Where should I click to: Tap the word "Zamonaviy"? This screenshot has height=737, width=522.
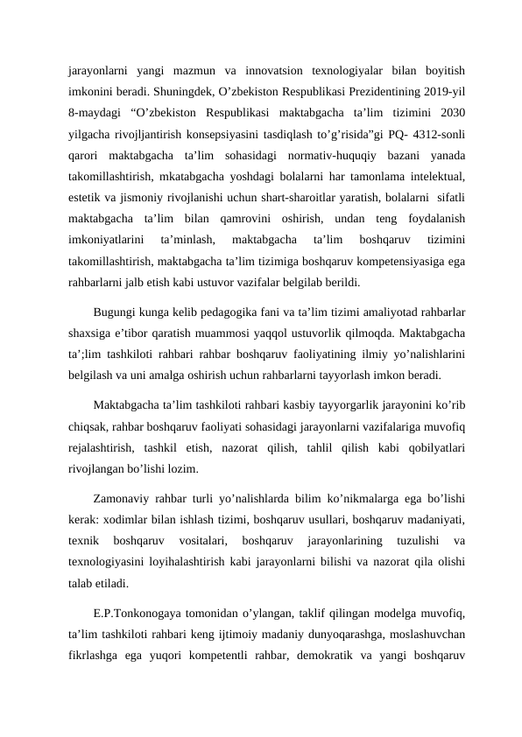point(124,495)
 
